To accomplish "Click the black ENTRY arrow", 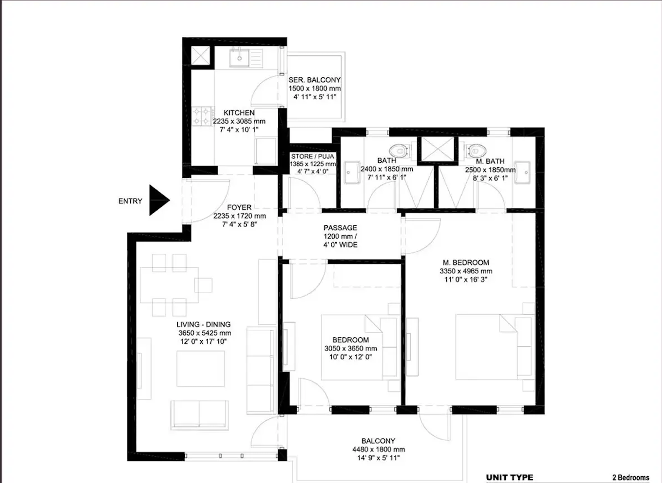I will pyautogui.click(x=158, y=200).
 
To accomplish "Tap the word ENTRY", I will pyautogui.click(x=130, y=201).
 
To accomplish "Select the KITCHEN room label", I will pyautogui.click(x=239, y=113).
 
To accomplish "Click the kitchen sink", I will pyautogui.click(x=240, y=58).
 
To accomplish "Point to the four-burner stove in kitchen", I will pyautogui.click(x=202, y=116).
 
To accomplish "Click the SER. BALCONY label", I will pyautogui.click(x=314, y=80).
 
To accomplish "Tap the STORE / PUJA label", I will pyautogui.click(x=313, y=156).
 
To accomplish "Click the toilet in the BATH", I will pyautogui.click(x=399, y=150).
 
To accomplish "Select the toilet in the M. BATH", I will pyautogui.click(x=475, y=150).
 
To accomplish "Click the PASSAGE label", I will pyautogui.click(x=340, y=228).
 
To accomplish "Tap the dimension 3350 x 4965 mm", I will pyautogui.click(x=466, y=271).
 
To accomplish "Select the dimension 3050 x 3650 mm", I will pyautogui.click(x=351, y=348).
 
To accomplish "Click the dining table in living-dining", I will pyautogui.click(x=168, y=285).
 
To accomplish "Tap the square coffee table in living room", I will pyautogui.click(x=200, y=368).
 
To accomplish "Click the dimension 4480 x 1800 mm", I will pyautogui.click(x=378, y=450).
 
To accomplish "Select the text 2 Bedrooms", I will pyautogui.click(x=630, y=478).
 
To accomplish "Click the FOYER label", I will pyautogui.click(x=239, y=207).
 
